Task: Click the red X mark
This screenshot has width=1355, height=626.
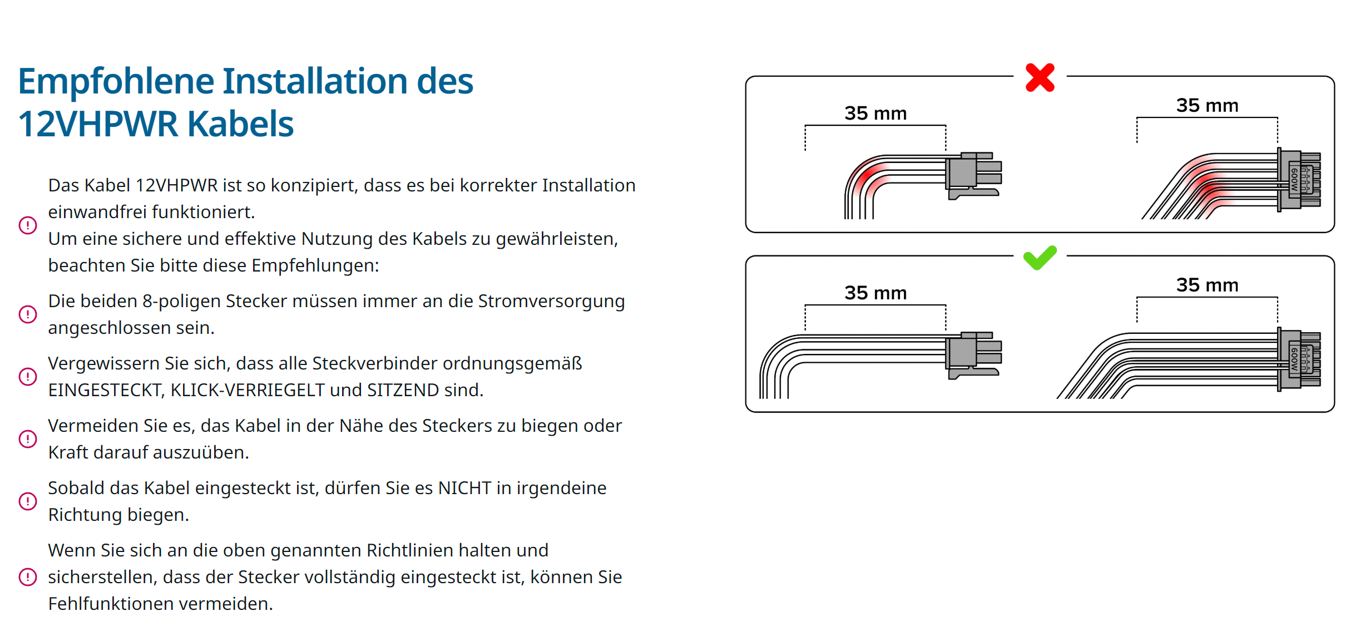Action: tap(1040, 77)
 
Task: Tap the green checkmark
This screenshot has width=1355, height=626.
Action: tap(1040, 258)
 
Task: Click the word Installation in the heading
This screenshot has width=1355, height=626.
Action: tap(315, 81)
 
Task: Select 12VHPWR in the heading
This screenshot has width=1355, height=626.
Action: tap(98, 124)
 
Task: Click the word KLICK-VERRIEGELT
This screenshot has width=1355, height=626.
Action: tap(248, 390)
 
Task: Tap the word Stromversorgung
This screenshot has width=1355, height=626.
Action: tap(551, 302)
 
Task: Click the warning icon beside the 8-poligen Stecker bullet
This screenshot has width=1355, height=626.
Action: tap(28, 314)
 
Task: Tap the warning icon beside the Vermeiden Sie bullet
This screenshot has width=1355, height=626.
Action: tap(28, 439)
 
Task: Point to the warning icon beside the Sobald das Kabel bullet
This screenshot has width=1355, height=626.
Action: tap(28, 501)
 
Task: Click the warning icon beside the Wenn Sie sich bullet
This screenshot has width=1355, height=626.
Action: tap(28, 577)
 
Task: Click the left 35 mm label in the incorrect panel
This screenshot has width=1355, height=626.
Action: tap(876, 114)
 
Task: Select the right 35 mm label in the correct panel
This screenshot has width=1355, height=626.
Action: tap(1207, 285)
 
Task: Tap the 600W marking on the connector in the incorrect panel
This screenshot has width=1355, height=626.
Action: tap(1295, 180)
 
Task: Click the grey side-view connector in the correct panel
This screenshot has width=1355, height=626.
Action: tap(973, 355)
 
